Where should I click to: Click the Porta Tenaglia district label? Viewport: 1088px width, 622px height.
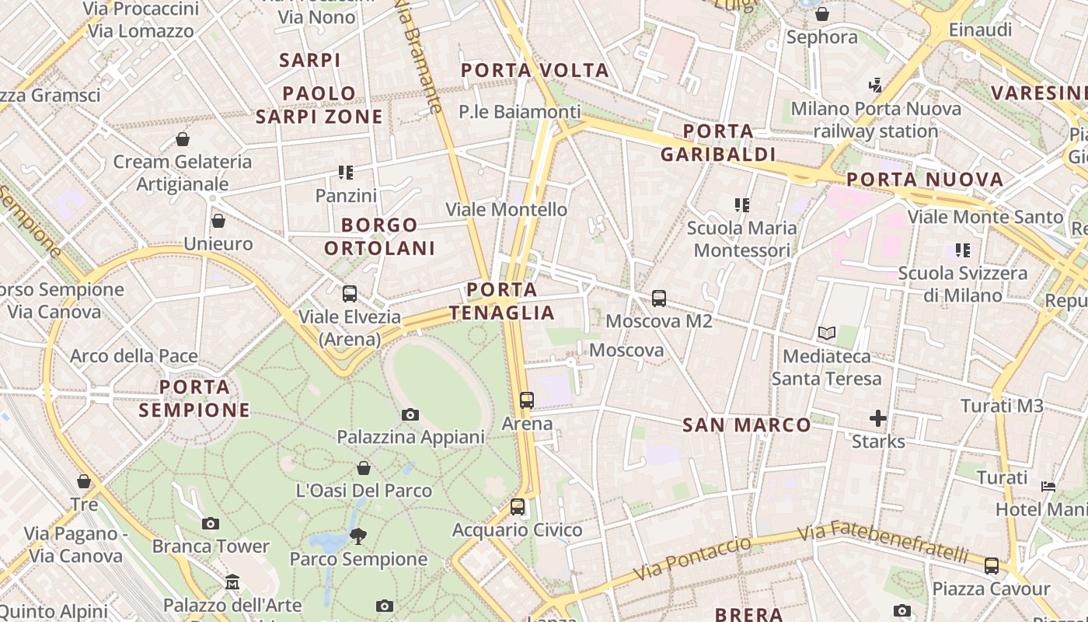point(502,302)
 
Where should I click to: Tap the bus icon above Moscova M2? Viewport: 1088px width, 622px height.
point(659,298)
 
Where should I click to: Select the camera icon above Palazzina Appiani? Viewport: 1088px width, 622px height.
point(410,414)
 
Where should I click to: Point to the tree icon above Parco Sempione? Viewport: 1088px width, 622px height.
point(358,536)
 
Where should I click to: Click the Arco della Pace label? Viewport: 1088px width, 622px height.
point(134,356)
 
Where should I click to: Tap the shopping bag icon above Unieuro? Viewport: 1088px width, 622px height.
point(218,221)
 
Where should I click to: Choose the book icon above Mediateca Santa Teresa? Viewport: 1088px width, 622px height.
point(827,334)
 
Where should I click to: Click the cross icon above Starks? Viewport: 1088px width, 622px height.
point(878,419)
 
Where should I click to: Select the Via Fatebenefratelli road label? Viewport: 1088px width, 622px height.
point(883,541)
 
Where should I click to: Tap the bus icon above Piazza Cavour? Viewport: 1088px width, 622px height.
point(992,565)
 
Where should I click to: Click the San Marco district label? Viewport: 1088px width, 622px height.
point(746,425)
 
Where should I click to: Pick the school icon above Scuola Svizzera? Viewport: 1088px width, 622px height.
point(963,250)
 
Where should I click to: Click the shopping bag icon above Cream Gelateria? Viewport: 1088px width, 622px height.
point(183,139)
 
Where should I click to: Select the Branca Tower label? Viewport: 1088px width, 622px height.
point(211,547)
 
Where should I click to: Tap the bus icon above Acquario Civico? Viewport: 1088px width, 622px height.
point(518,507)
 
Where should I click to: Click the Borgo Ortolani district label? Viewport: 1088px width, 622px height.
point(379,236)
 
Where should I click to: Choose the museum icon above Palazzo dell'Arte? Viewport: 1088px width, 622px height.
point(232,582)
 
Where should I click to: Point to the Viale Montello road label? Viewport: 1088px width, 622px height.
point(507,209)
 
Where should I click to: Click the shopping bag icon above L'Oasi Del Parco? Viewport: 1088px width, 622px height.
point(364,468)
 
